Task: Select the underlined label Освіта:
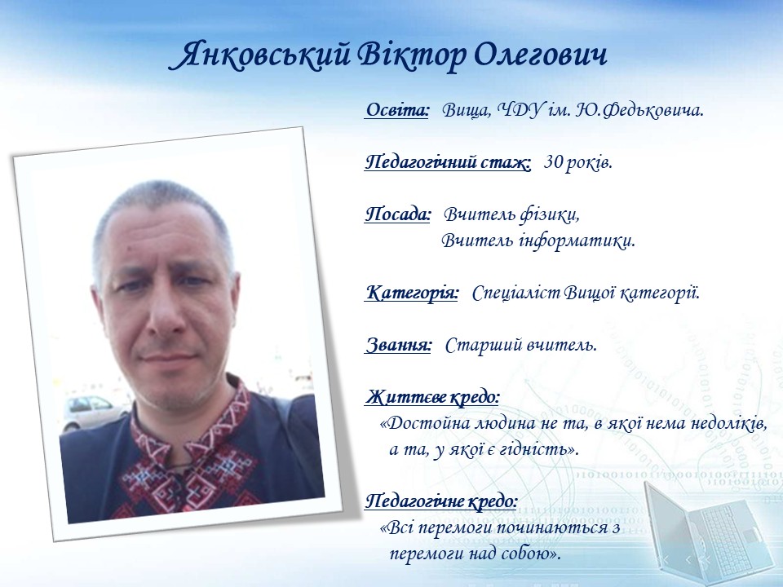coord(397,110)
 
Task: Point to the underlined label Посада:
coord(398,214)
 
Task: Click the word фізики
coord(550,215)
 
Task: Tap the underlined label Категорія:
coord(412,293)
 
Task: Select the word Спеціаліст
coord(515,293)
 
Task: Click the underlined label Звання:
coord(399,345)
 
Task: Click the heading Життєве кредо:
coord(432,397)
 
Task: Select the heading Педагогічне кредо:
coord(441,501)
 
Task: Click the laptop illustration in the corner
coord(709,529)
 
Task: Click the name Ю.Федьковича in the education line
coord(639,110)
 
